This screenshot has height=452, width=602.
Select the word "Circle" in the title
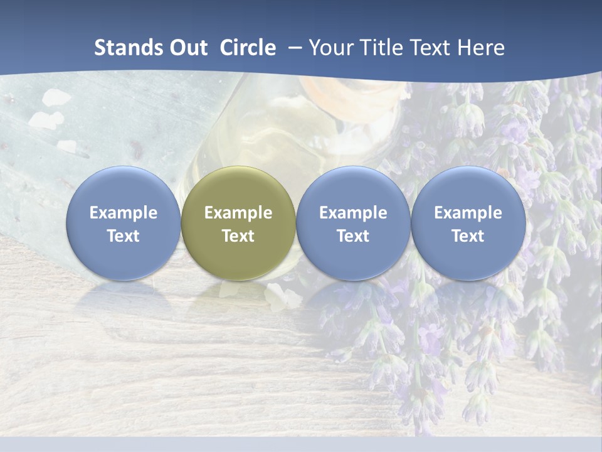click(x=248, y=48)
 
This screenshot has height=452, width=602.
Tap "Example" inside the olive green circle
click(x=238, y=213)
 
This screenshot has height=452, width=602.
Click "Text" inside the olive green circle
click(x=238, y=236)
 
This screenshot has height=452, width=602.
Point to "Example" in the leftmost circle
click(x=124, y=213)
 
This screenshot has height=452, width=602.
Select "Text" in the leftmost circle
click(x=124, y=236)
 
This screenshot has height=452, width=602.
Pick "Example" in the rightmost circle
click(x=468, y=213)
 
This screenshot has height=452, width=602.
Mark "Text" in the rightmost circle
click(x=468, y=236)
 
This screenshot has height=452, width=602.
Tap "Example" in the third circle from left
click(x=353, y=213)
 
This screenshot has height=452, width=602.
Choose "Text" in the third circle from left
click(x=353, y=236)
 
